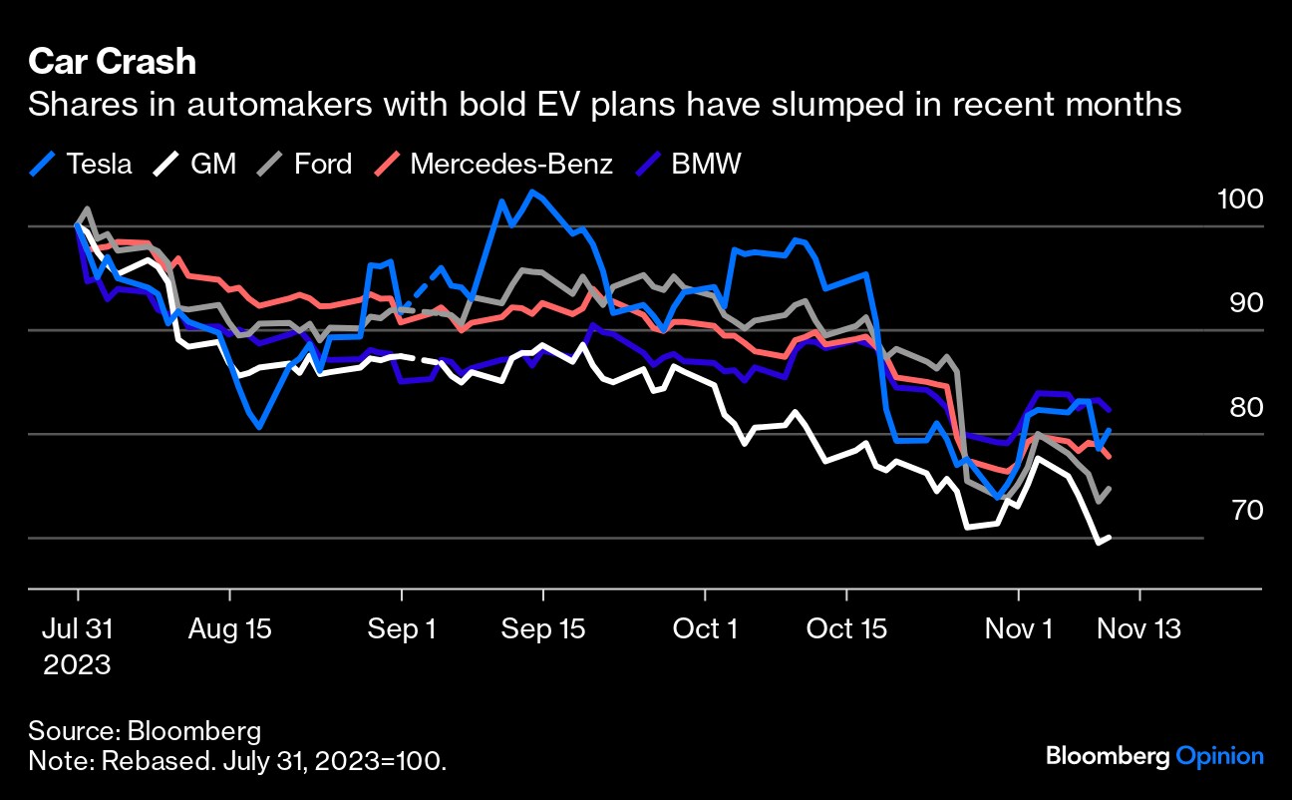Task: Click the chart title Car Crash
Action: [x=112, y=63]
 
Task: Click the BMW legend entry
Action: [x=689, y=163]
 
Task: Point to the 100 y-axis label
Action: [x=1240, y=199]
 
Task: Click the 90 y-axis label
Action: [x=1246, y=302]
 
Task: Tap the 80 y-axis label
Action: [x=1246, y=406]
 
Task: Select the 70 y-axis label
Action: [x=1246, y=510]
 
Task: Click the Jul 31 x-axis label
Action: [x=77, y=629]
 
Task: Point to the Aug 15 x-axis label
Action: [x=229, y=629]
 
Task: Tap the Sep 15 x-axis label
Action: [x=543, y=629]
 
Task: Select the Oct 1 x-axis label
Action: [x=705, y=629]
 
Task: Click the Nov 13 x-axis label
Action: [x=1138, y=629]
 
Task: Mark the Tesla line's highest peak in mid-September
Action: [x=533, y=192]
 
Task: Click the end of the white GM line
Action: [x=1110, y=538]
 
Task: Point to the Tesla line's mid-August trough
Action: [x=259, y=427]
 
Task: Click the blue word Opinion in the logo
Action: [x=1220, y=755]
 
